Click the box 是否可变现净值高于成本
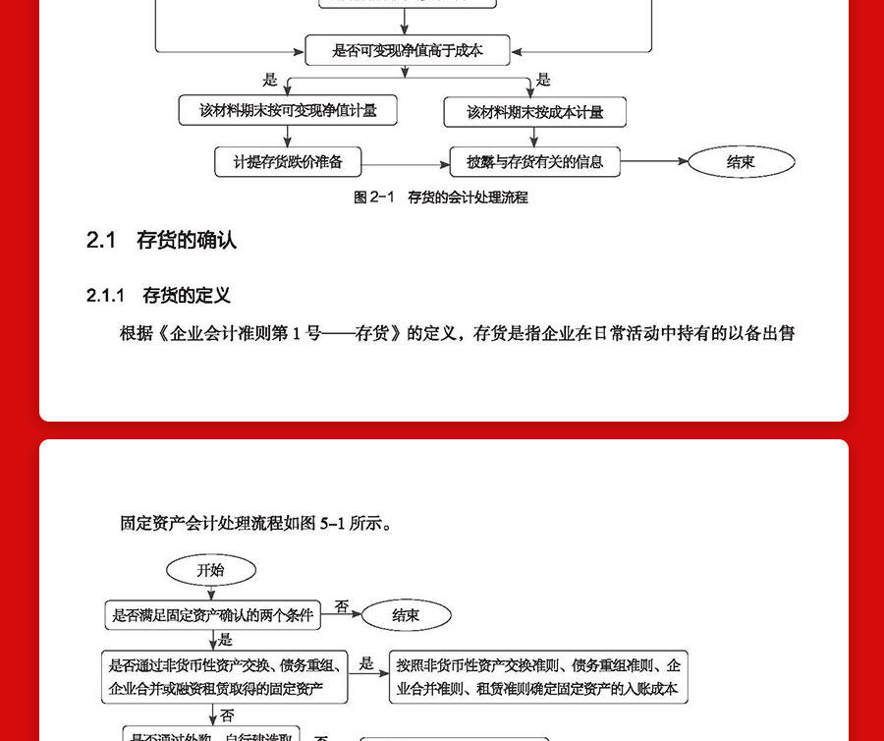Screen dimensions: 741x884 (x=407, y=50)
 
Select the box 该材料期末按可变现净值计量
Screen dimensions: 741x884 (x=289, y=110)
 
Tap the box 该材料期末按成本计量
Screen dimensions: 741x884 (x=535, y=112)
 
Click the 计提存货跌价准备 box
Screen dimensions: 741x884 (x=288, y=162)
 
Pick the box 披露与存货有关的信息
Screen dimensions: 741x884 (x=535, y=162)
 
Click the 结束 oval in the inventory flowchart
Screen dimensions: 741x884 (x=741, y=162)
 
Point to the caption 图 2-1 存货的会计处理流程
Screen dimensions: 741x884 (x=440, y=198)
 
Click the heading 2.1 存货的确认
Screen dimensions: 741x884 (x=161, y=241)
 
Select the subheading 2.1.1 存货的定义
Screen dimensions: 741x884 (x=158, y=295)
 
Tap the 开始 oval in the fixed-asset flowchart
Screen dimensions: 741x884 (x=210, y=570)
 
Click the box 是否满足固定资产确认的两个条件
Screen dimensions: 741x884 (x=213, y=616)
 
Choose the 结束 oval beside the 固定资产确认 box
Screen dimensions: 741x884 (x=406, y=616)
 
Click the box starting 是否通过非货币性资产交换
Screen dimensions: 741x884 (x=225, y=677)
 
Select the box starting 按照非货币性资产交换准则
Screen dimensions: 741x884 (x=537, y=677)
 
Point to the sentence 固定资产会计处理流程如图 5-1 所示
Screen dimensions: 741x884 (x=256, y=524)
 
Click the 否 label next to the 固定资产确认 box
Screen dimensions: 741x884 (x=342, y=606)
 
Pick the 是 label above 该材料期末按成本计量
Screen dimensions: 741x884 (x=543, y=81)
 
